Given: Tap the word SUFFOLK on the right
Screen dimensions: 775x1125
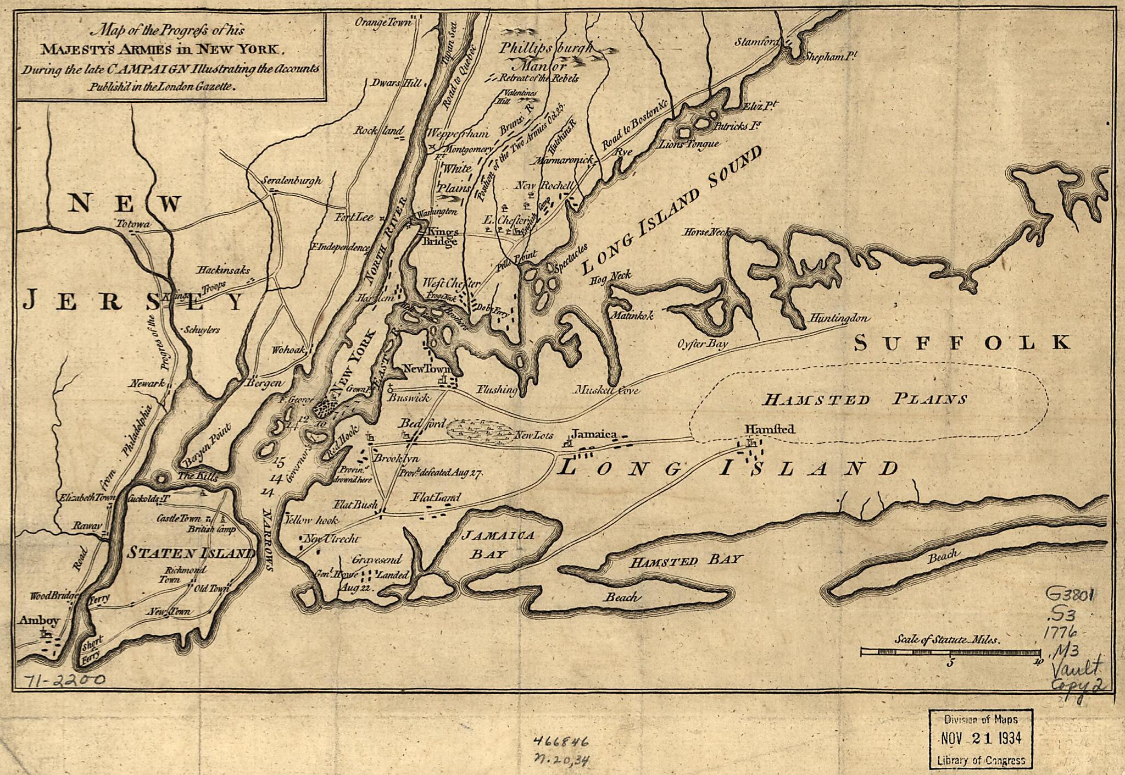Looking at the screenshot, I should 962,343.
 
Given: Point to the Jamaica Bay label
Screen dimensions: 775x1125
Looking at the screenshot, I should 498,544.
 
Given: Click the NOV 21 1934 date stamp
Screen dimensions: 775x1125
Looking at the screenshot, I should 981,738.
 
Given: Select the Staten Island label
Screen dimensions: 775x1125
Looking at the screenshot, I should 191,553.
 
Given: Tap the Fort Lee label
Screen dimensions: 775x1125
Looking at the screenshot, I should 354,217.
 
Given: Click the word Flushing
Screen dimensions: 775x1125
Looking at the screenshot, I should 497,390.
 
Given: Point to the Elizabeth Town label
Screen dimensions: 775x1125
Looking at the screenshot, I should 87,498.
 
